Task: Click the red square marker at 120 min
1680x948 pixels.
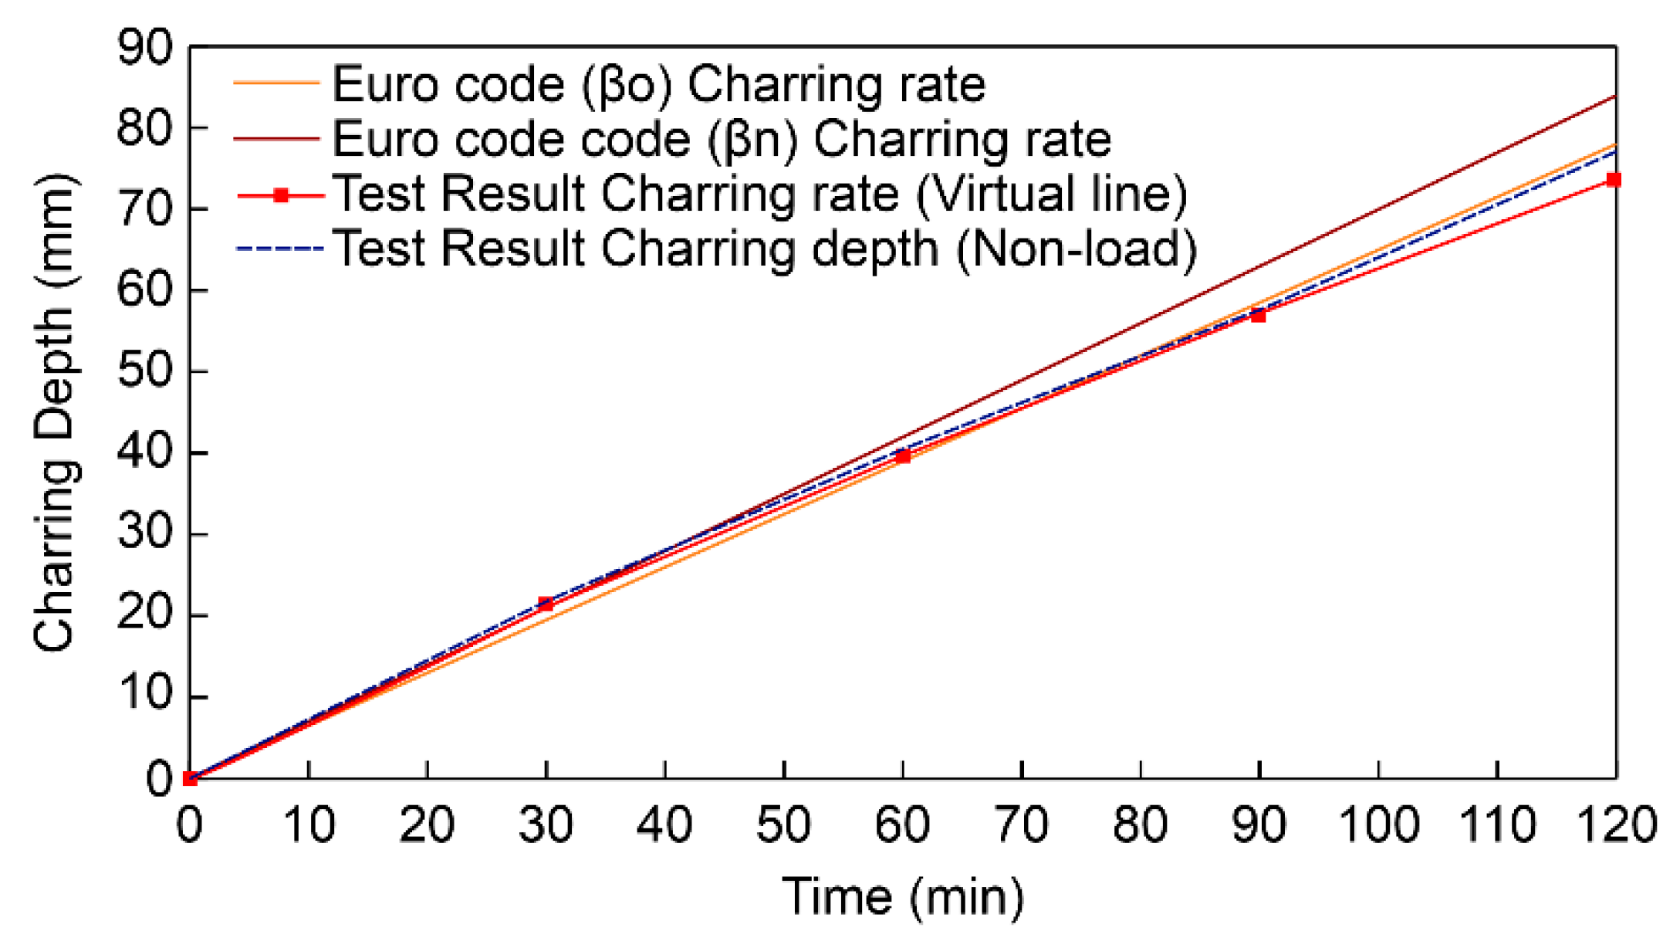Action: click(1614, 180)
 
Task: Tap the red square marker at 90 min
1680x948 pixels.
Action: click(1258, 315)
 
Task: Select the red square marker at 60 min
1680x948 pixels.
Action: click(903, 456)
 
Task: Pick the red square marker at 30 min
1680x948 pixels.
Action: click(546, 604)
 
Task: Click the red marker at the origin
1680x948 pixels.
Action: click(190, 778)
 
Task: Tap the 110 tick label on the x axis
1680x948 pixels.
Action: click(1497, 824)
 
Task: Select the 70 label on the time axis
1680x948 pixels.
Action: click(1021, 824)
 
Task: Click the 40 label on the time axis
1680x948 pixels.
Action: click(664, 824)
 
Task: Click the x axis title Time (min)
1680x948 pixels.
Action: click(903, 897)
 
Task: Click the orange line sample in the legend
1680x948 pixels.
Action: click(276, 83)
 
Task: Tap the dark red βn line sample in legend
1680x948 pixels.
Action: click(276, 139)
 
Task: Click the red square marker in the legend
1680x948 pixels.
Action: click(282, 195)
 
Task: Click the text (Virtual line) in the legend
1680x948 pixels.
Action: click(1051, 194)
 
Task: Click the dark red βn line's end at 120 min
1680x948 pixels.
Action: click(1614, 97)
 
